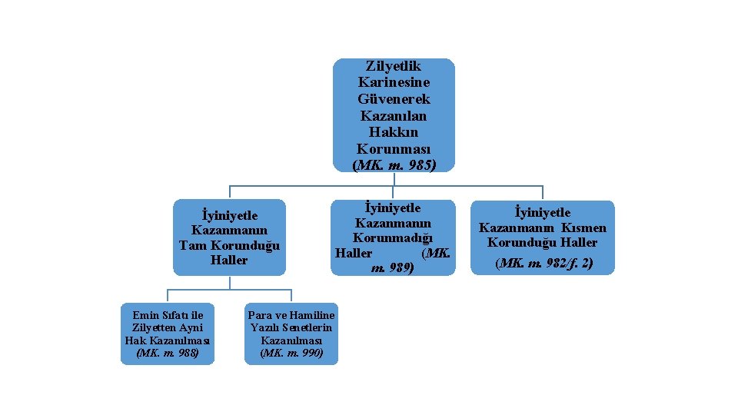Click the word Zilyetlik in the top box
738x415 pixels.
tap(393, 66)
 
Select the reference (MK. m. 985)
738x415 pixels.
tap(393, 164)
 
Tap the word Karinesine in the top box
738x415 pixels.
tap(393, 82)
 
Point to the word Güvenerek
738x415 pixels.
tap(393, 99)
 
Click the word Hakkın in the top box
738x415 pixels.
tap(393, 132)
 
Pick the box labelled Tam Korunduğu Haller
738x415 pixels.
tap(229, 237)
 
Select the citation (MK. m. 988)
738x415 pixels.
tap(168, 354)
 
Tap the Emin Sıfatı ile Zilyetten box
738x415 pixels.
tap(168, 334)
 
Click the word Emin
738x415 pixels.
tap(145, 315)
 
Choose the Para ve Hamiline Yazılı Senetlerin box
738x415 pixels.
tap(291, 334)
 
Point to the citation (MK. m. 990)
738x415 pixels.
tap(291, 354)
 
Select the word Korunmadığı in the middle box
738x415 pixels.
tap(393, 237)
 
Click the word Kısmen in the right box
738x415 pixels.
tap(583, 227)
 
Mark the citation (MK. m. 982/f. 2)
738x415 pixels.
tap(544, 263)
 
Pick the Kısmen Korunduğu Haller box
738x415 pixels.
tap(543, 237)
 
